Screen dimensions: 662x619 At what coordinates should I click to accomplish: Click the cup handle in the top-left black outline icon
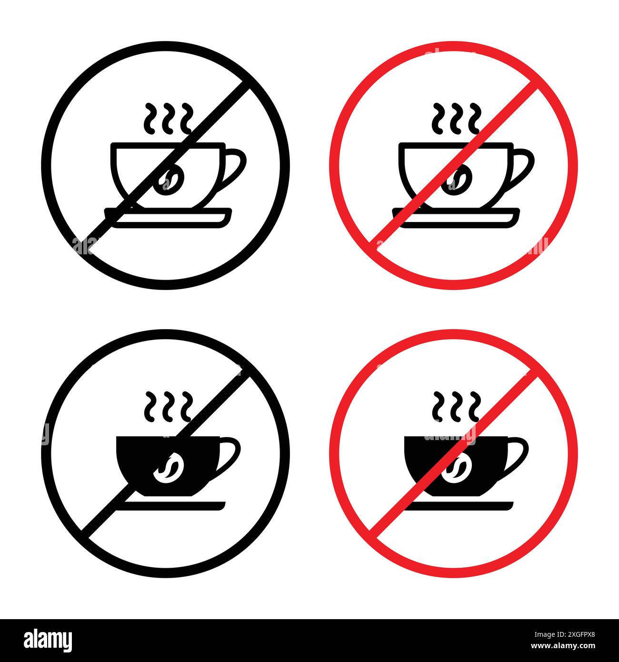[237, 165]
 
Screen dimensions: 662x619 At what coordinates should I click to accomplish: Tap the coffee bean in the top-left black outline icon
[170, 181]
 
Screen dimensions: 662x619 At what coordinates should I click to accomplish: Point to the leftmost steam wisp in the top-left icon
[150, 117]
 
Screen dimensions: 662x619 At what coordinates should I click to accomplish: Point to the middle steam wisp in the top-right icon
[457, 117]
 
